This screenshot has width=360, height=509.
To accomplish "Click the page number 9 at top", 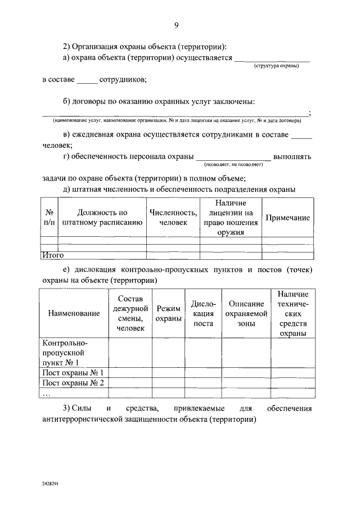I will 176,25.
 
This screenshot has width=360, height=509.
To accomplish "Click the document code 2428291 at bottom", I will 51,483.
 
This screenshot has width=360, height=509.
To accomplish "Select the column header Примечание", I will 287,218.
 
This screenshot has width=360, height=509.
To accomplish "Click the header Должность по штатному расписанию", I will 102,218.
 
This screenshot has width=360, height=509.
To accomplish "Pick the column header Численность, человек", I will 173,218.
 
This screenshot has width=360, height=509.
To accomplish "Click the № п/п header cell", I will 49,218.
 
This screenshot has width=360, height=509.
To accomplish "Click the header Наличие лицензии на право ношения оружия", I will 231,217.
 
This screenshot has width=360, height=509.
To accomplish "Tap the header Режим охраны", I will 168,313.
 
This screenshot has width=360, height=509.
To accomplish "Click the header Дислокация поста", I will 203,313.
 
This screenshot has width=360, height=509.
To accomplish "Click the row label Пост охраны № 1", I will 73,372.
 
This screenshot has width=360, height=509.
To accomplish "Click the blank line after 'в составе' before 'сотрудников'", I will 87,80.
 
